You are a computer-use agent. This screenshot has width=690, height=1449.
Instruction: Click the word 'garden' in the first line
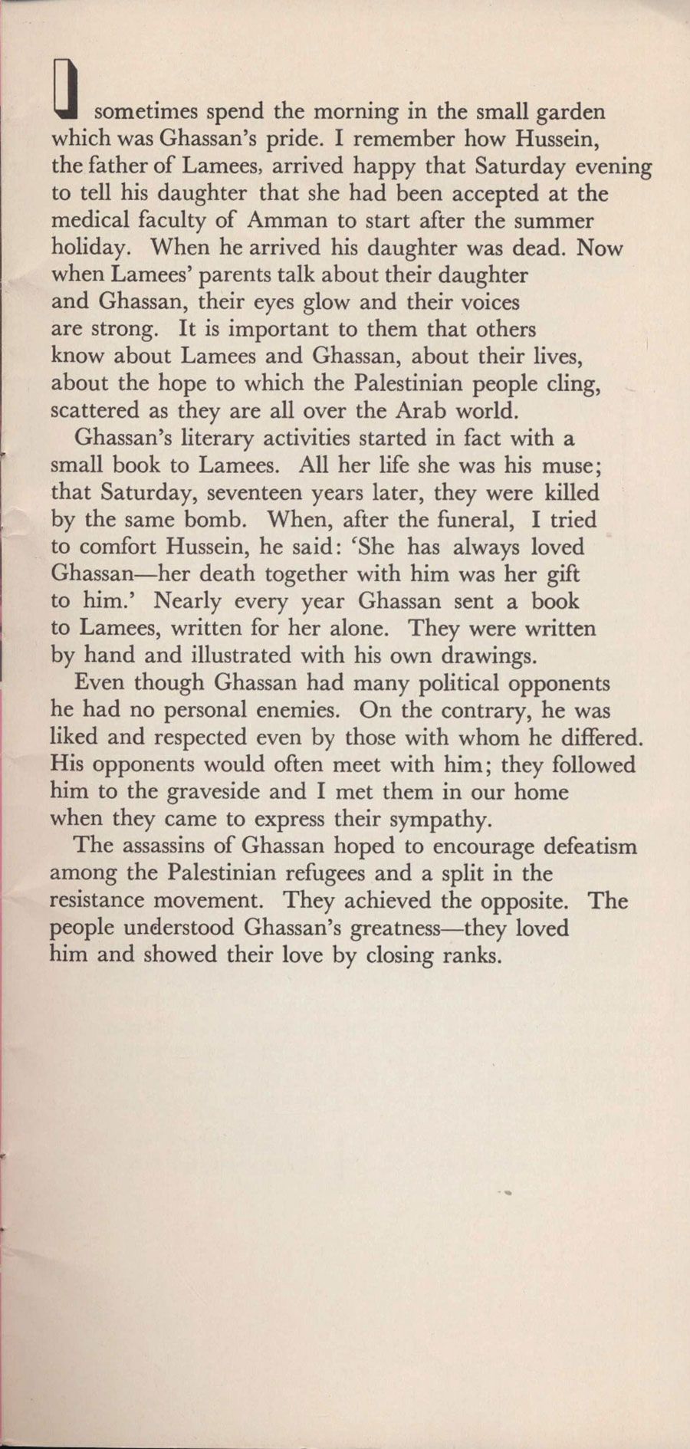click(x=570, y=112)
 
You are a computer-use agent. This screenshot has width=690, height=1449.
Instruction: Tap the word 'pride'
click(x=289, y=140)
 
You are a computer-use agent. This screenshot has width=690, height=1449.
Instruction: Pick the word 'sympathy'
click(x=437, y=820)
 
